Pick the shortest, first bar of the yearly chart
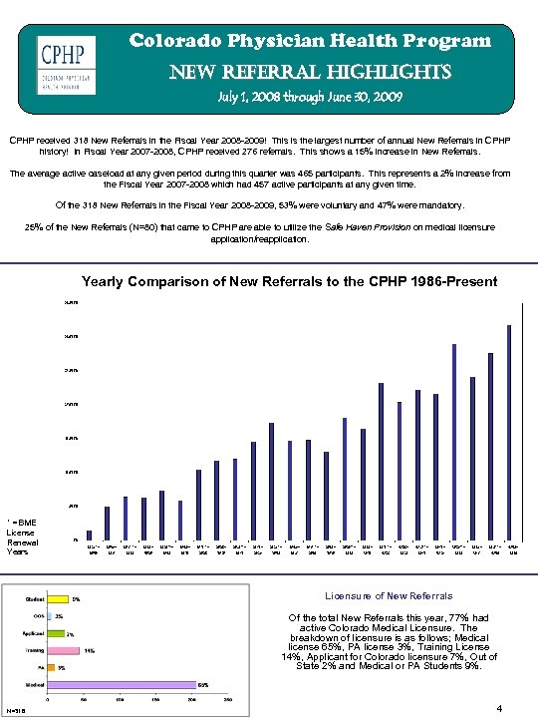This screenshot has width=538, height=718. click(x=90, y=534)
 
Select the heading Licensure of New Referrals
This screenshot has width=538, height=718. click(x=389, y=595)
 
